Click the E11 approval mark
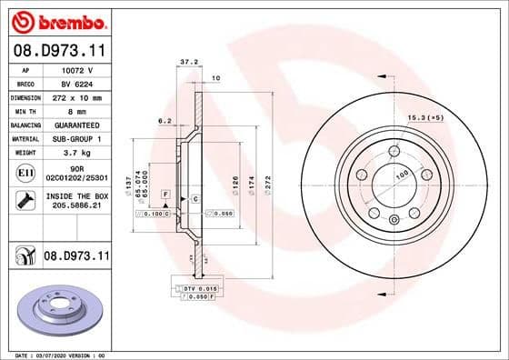tap(25, 173)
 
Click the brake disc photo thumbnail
tap(56, 312)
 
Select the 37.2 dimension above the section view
tap(187, 63)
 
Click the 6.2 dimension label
tap(165, 119)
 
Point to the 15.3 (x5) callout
tap(425, 118)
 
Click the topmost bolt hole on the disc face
tap(394, 151)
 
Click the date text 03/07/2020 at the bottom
tap(53, 355)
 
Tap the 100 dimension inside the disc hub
tap(399, 175)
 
